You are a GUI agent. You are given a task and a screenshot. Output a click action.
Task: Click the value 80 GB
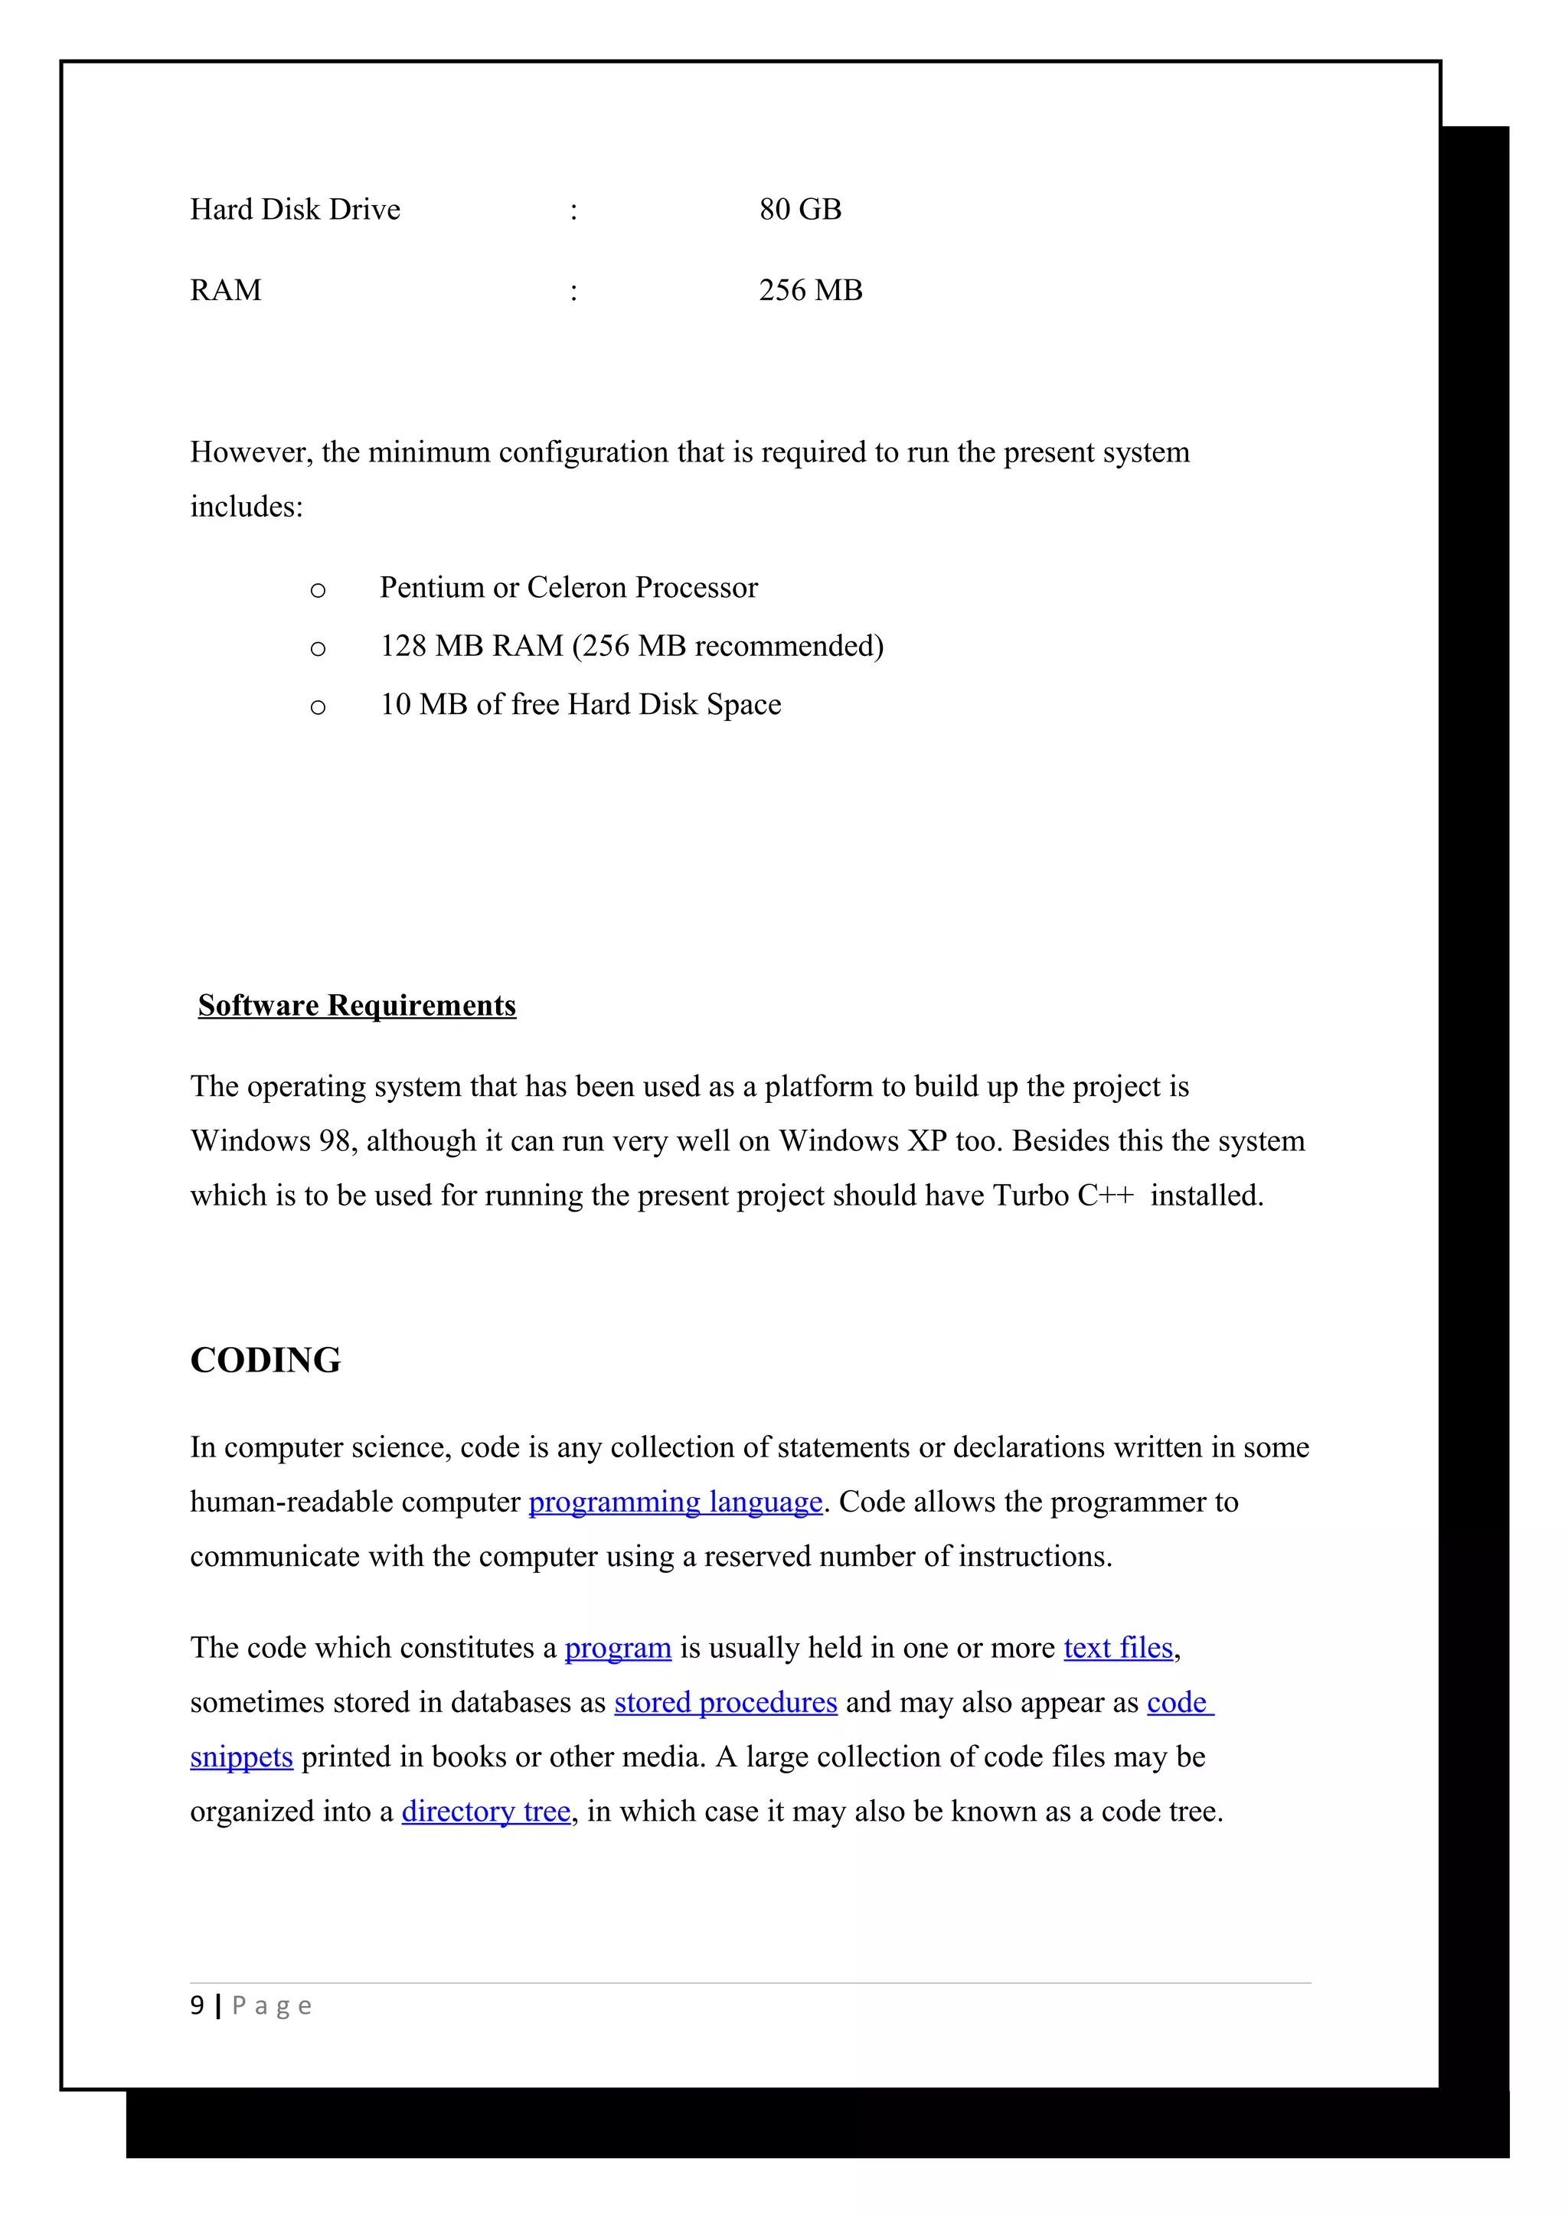coord(800,210)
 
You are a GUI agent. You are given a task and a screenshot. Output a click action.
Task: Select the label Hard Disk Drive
coord(295,210)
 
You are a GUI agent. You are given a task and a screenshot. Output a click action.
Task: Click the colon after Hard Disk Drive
coord(574,211)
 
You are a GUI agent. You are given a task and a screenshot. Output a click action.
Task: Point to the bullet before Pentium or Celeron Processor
coord(318,590)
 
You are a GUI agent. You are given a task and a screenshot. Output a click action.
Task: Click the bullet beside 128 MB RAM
coord(318,649)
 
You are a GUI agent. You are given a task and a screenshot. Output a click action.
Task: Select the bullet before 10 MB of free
coord(318,708)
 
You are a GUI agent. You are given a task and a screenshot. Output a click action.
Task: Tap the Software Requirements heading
coord(357,1006)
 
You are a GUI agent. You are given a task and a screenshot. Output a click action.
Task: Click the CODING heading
coord(266,1360)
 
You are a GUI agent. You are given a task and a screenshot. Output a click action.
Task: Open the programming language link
coord(675,1502)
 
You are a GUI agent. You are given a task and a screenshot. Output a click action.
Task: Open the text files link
coord(1118,1648)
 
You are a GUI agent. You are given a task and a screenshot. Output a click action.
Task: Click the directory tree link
coord(486,1812)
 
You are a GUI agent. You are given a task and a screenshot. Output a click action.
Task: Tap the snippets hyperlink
coord(241,1757)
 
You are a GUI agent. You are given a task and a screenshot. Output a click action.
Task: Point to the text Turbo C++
coord(1063,1196)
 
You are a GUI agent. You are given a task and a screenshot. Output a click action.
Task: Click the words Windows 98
coord(269,1142)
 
